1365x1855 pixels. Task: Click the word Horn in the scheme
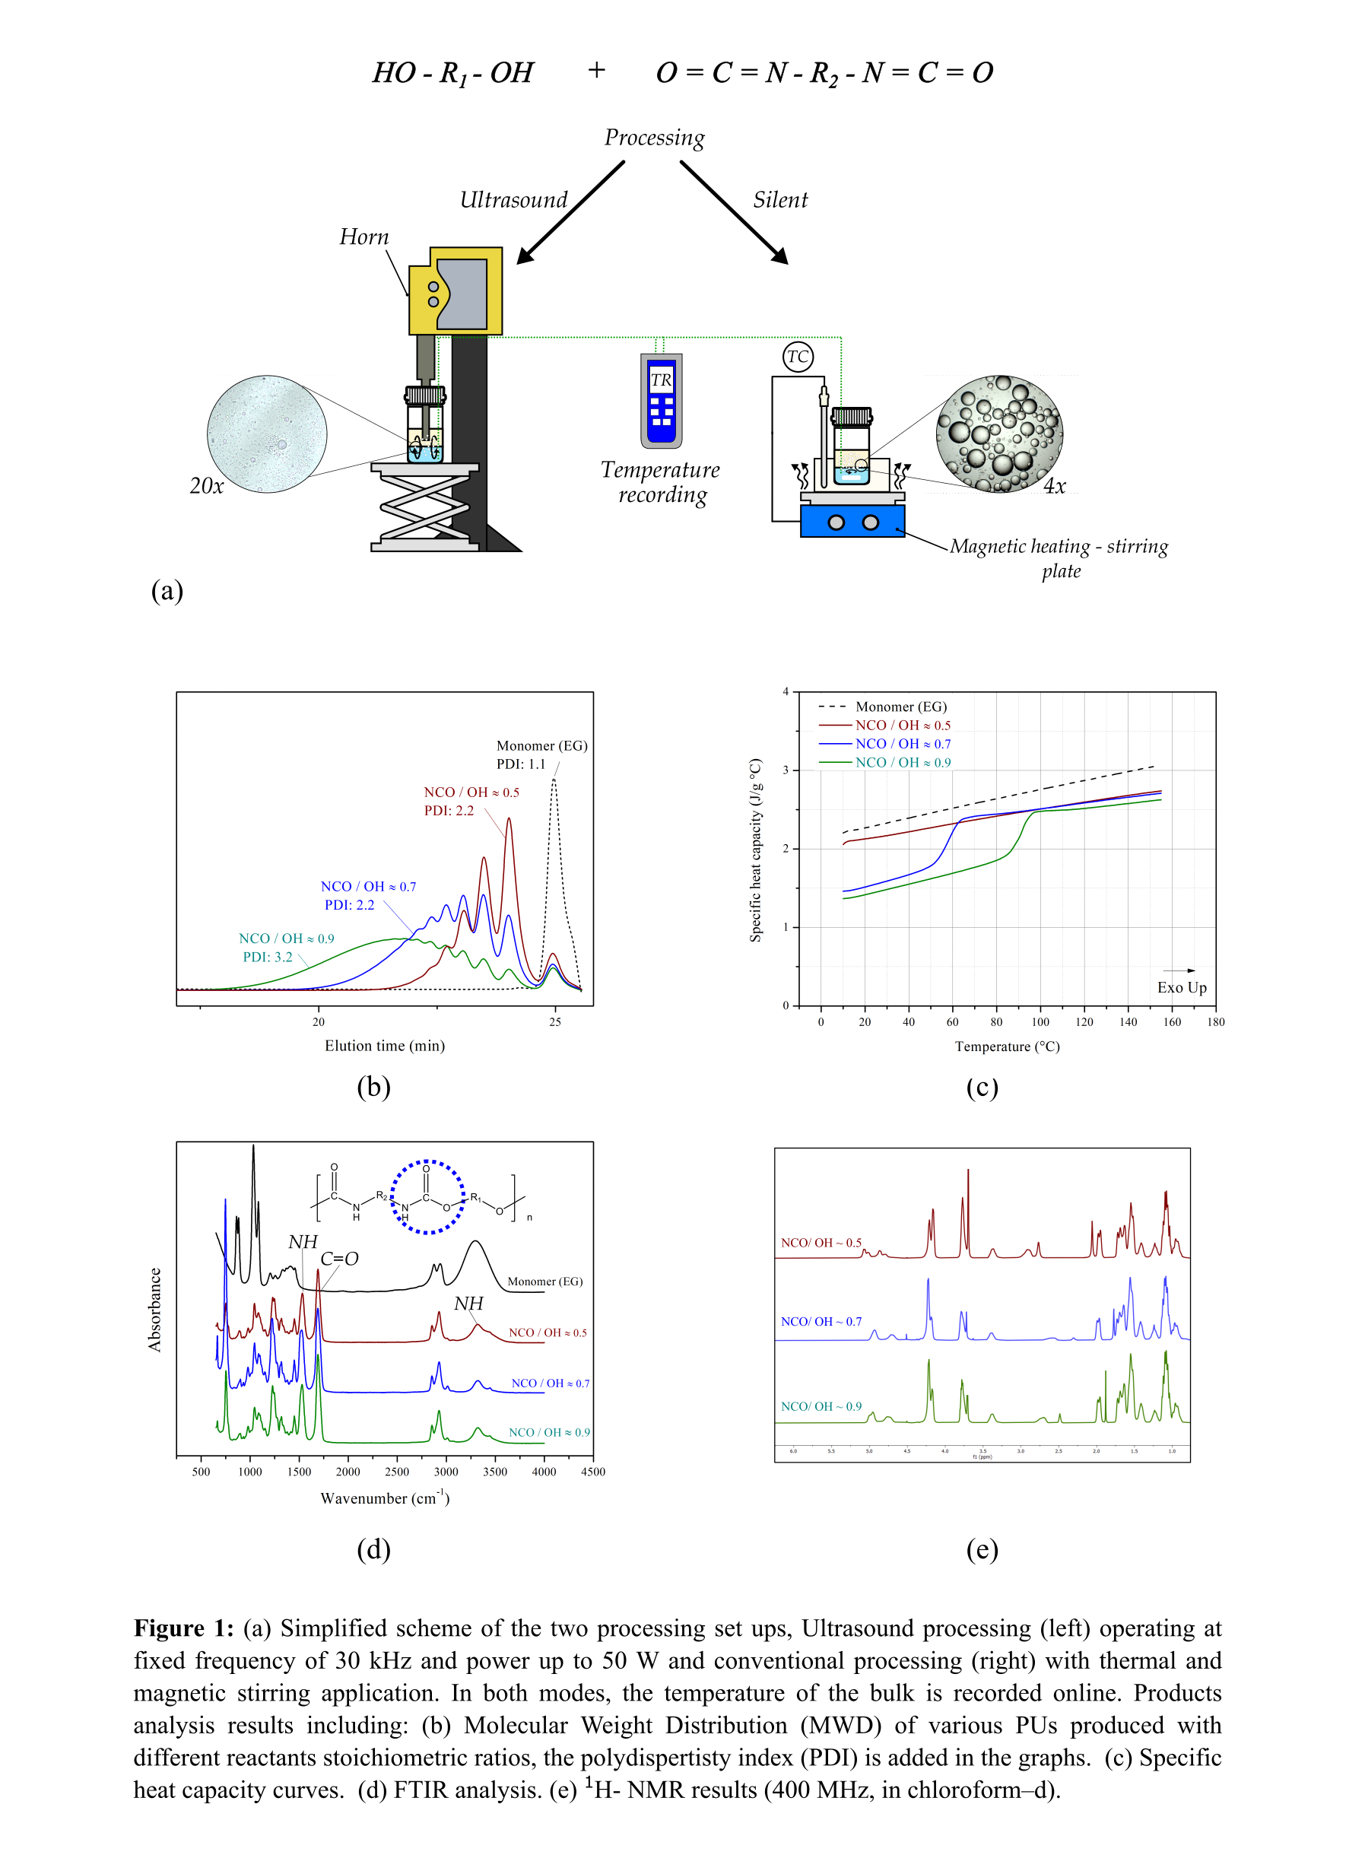(363, 237)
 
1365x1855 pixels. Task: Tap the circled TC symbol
(798, 357)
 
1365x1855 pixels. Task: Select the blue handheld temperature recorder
(661, 401)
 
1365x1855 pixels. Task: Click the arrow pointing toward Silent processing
(733, 212)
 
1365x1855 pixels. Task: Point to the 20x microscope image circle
(267, 434)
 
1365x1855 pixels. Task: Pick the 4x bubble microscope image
(999, 434)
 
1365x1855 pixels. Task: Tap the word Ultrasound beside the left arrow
(513, 200)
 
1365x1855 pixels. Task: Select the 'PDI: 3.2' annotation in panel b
(267, 957)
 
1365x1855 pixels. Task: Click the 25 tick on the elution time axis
(554, 1021)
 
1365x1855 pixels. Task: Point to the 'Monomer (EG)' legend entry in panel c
(900, 707)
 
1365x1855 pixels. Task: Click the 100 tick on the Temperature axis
(1040, 1022)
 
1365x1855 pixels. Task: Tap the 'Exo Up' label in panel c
(1182, 987)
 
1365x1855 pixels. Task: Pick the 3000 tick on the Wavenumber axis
(446, 1472)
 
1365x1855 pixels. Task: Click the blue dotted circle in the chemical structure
(427, 1197)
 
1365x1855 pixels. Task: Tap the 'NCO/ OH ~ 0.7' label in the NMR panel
(821, 1322)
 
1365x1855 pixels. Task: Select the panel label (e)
(982, 1549)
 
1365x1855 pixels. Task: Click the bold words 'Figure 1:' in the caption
(183, 1628)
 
